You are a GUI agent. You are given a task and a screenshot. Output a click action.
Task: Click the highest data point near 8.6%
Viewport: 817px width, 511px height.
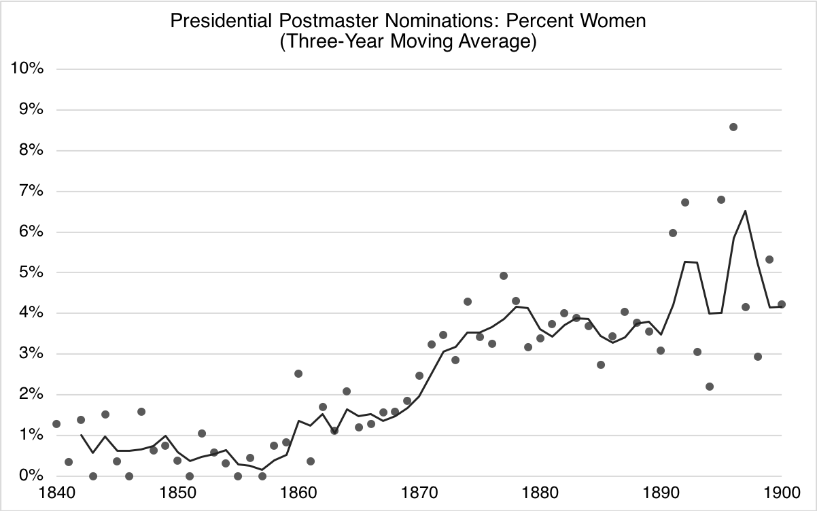coord(733,127)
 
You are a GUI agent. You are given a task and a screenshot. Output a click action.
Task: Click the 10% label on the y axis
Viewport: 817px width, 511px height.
coord(27,69)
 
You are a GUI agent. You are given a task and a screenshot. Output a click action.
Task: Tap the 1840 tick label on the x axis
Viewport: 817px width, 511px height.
coord(56,492)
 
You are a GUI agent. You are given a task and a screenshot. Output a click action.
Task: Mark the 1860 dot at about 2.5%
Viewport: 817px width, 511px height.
coord(298,374)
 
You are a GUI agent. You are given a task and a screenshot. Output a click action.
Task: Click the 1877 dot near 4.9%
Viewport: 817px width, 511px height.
coord(504,276)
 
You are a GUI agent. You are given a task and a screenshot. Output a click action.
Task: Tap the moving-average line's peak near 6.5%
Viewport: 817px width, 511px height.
coord(746,211)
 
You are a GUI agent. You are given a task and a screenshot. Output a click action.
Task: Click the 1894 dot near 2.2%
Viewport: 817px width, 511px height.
coord(710,387)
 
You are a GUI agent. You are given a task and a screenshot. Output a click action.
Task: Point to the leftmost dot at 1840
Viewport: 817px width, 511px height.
coord(56,424)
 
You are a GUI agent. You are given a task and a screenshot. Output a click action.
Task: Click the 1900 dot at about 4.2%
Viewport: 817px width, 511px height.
coord(782,304)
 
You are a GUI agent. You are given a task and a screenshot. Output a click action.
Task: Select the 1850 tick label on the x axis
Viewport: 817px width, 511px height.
coord(177,492)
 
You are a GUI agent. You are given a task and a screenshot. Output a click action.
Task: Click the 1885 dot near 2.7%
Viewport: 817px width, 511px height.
coord(601,365)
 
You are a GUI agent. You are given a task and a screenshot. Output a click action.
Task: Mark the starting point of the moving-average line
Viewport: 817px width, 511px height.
coord(81,435)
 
